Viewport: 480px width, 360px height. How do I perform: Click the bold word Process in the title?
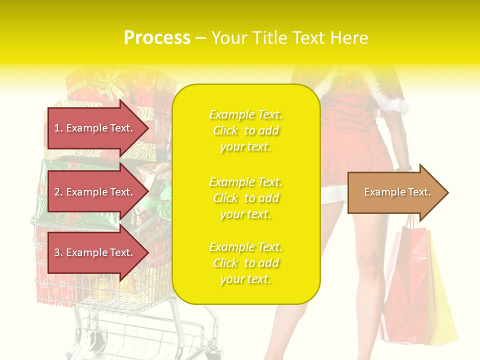pyautogui.click(x=157, y=38)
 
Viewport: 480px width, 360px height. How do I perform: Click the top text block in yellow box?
pyautogui.click(x=246, y=130)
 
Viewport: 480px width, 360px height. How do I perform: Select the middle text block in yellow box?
pyautogui.click(x=246, y=198)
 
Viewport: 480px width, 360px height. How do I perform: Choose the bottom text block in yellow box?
pyautogui.click(x=246, y=263)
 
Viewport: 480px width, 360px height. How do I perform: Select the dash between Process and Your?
pyautogui.click(x=200, y=38)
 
